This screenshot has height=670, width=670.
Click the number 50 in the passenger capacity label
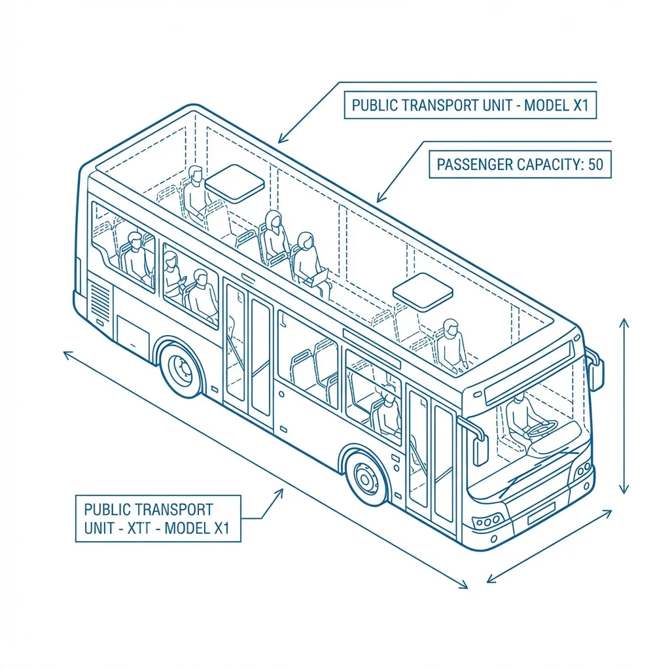pyautogui.click(x=595, y=164)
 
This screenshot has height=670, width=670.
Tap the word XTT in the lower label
pyautogui.click(x=139, y=528)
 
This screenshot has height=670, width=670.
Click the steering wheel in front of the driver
pyautogui.click(x=542, y=429)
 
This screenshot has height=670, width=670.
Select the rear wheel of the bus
pyautogui.click(x=181, y=368)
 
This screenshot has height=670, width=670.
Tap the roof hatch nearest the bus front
pyautogui.click(x=423, y=292)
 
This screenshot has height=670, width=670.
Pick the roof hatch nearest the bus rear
pyautogui.click(x=235, y=183)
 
